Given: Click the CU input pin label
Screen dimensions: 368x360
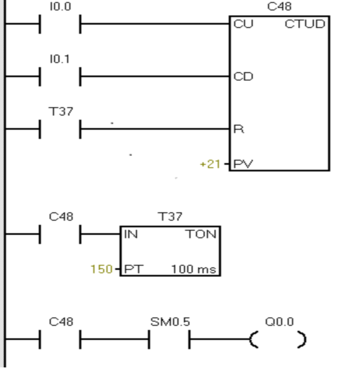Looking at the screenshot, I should (x=240, y=25).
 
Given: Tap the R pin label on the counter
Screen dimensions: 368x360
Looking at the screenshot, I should (x=237, y=129).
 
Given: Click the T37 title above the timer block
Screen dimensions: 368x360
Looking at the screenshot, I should (x=171, y=217).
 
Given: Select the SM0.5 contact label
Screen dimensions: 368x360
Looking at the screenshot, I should (x=170, y=322).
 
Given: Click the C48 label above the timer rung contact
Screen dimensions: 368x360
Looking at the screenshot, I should (x=59, y=217).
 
